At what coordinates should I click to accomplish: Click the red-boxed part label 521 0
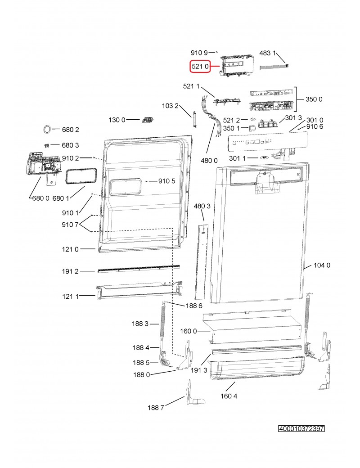(200, 67)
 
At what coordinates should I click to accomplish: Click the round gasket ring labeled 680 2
(46, 130)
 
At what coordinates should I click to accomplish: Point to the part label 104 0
(322, 265)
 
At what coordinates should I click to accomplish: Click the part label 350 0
(314, 99)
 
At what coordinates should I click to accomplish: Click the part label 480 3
(202, 206)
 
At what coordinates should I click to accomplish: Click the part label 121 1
(70, 296)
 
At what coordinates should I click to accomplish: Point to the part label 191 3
(199, 370)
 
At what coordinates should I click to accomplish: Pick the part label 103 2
(171, 106)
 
